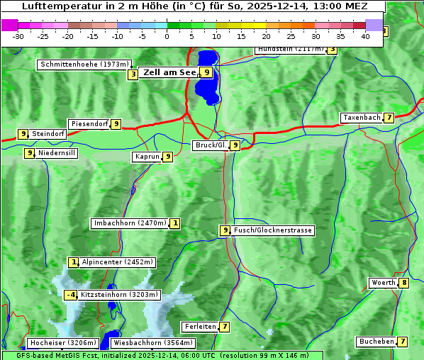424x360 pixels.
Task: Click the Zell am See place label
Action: pyautogui.click(x=169, y=72)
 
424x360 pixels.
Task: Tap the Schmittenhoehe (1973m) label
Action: pyautogui.click(x=84, y=64)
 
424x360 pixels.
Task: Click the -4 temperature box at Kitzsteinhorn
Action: pyautogui.click(x=70, y=295)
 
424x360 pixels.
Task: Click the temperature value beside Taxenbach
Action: pyautogui.click(x=389, y=118)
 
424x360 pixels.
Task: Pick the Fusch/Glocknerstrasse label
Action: pyautogui.click(x=273, y=230)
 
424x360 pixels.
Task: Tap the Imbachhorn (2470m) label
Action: pyautogui.click(x=130, y=224)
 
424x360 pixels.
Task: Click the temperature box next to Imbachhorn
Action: pyautogui.click(x=174, y=224)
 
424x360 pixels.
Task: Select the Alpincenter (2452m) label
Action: pyautogui.click(x=117, y=262)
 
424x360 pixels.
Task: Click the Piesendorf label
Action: pyautogui.click(x=89, y=124)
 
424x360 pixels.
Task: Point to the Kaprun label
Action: pyautogui.click(x=147, y=157)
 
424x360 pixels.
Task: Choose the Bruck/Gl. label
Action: pyautogui.click(x=210, y=145)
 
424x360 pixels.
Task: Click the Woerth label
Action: pyautogui.click(x=383, y=283)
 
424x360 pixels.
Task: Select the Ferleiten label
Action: pyautogui.click(x=200, y=327)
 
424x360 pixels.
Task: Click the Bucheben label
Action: pyautogui.click(x=376, y=342)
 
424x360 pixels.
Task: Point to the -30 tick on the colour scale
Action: pyautogui.click(x=18, y=36)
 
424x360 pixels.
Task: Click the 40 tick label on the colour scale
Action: pyautogui.click(x=365, y=36)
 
